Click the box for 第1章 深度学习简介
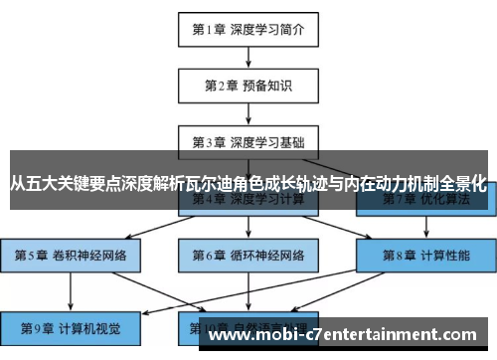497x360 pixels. [248, 29]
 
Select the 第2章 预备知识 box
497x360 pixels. [248, 85]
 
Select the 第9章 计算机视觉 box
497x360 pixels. [72, 326]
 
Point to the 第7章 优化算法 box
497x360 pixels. [425, 199]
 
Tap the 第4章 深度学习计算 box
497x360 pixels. [248, 199]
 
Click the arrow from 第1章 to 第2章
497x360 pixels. [248, 57]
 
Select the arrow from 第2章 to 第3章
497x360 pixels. [248, 112]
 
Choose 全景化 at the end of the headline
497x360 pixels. [462, 184]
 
